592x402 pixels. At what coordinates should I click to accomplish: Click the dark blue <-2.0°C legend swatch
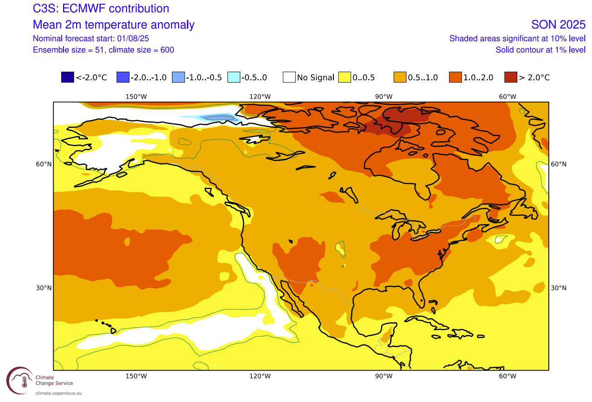point(67,78)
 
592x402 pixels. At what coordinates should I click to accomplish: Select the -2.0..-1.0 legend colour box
point(122,78)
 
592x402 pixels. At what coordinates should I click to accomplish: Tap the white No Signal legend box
point(289,78)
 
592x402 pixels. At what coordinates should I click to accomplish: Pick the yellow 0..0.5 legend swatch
point(344,78)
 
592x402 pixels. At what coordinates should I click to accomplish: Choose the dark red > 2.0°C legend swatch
point(510,78)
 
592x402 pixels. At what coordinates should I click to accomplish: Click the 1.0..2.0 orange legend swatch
point(455,78)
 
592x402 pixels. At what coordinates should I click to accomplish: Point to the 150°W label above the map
point(136,96)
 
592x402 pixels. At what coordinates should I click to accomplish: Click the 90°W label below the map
point(383,376)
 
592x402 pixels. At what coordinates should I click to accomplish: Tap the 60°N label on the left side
point(44,164)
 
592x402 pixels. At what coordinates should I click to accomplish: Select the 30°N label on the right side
point(558,288)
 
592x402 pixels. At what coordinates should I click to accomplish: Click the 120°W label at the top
point(260,96)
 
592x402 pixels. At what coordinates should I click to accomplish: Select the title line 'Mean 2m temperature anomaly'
point(114,25)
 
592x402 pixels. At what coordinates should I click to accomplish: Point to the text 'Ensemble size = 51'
point(68,50)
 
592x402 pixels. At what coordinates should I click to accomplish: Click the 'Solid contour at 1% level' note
point(540,50)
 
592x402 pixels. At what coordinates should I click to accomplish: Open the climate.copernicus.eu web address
point(59,393)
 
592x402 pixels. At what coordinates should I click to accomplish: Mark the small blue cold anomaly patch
point(220,118)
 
